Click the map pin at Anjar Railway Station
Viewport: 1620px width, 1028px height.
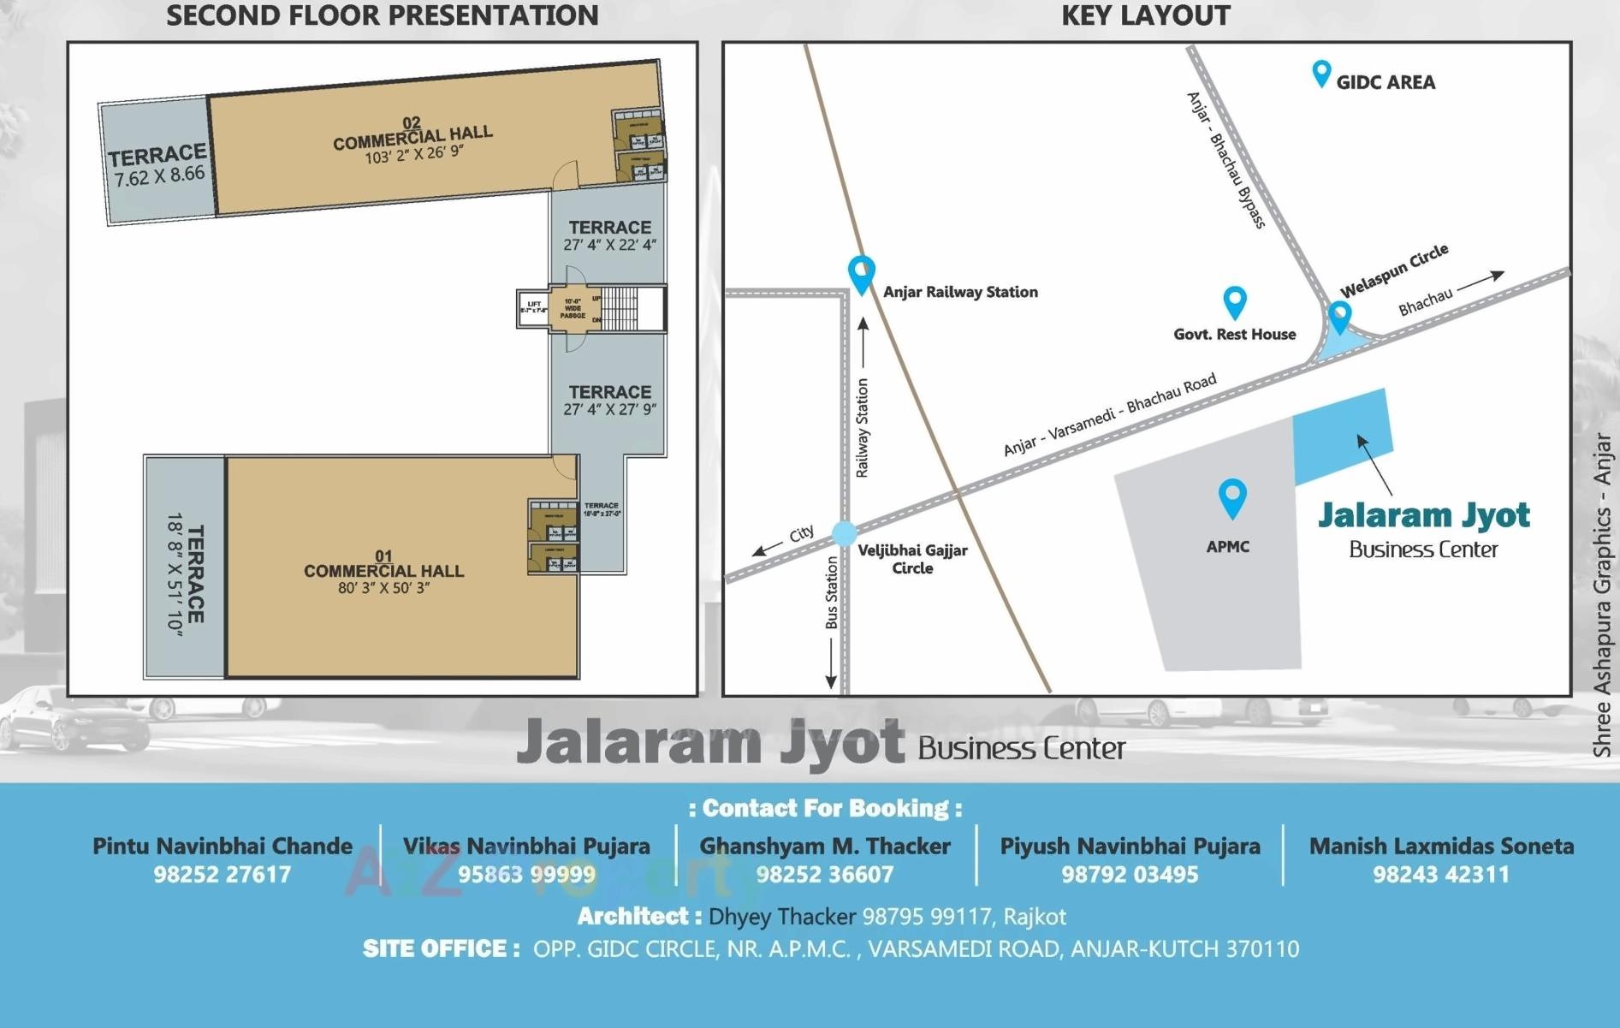click(x=861, y=273)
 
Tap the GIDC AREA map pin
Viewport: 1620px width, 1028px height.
click(x=1321, y=73)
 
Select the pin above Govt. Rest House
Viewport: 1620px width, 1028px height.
click(x=1234, y=301)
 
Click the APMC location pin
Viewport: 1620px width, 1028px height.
click(x=1231, y=497)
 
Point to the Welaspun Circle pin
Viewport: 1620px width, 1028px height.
click(x=1339, y=316)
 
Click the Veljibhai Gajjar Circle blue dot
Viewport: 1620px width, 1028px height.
click(x=844, y=533)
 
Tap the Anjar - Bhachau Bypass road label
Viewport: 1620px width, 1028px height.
click(x=1225, y=160)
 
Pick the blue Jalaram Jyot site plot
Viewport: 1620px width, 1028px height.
click(x=1341, y=437)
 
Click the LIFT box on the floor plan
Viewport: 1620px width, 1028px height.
click(x=533, y=308)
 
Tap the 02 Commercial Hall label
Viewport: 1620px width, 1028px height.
click(x=412, y=136)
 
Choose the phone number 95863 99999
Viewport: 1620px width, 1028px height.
click(x=526, y=874)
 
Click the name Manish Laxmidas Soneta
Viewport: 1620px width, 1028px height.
click(x=1441, y=846)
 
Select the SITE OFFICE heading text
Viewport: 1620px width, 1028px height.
click(x=440, y=948)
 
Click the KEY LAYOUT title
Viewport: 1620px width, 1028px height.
click(x=1145, y=15)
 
